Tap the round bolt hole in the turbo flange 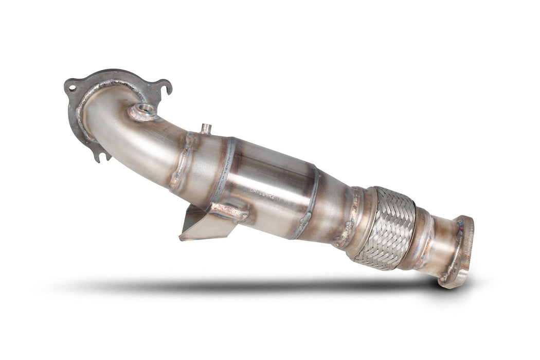[x=71, y=88]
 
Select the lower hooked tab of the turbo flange [x=101, y=153]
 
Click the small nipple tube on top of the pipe [x=205, y=128]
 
